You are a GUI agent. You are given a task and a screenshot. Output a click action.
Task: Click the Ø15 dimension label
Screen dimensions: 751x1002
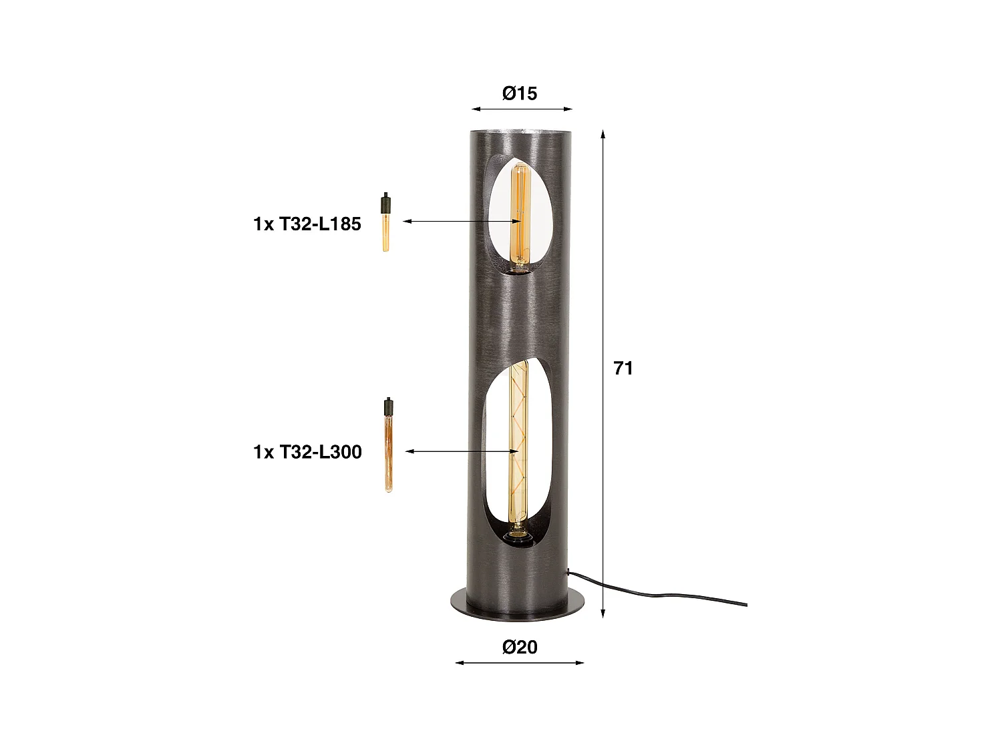[520, 93]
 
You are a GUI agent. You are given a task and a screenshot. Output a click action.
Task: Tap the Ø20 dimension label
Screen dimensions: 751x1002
[520, 647]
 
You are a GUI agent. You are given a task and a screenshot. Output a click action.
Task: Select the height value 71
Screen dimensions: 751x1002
[623, 368]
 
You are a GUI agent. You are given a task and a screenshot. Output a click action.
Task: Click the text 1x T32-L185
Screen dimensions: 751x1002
[307, 224]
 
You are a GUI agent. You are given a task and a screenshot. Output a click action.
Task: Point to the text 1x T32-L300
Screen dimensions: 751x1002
[307, 452]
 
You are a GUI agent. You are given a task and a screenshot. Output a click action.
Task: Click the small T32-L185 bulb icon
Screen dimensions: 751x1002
[385, 222]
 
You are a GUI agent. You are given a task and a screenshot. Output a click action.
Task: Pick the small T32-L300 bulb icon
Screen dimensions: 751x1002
[387, 445]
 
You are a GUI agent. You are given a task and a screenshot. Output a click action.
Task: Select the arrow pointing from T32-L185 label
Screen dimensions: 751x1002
[461, 221]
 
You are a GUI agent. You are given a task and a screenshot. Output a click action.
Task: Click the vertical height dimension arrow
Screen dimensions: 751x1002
[603, 374]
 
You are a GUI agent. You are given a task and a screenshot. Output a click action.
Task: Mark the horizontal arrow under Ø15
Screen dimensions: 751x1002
[522, 108]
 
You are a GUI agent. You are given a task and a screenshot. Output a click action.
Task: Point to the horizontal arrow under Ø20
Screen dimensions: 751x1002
[520, 663]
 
